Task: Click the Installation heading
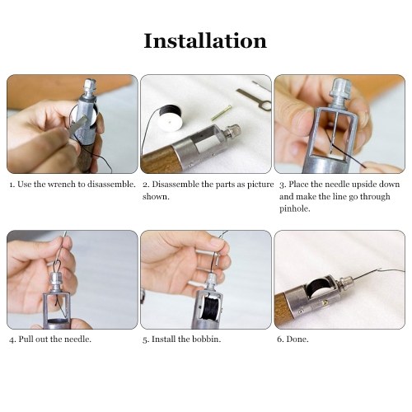click(x=205, y=41)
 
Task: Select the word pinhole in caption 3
click(x=295, y=209)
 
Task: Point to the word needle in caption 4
click(x=77, y=339)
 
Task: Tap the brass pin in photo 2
click(x=221, y=113)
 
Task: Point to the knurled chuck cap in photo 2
click(x=232, y=130)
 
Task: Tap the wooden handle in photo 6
click(x=281, y=311)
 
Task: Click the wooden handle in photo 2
click(x=160, y=162)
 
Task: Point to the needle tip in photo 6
click(x=381, y=269)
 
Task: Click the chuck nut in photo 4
click(x=56, y=283)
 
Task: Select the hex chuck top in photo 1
click(x=90, y=85)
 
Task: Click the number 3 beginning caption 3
click(x=282, y=185)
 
